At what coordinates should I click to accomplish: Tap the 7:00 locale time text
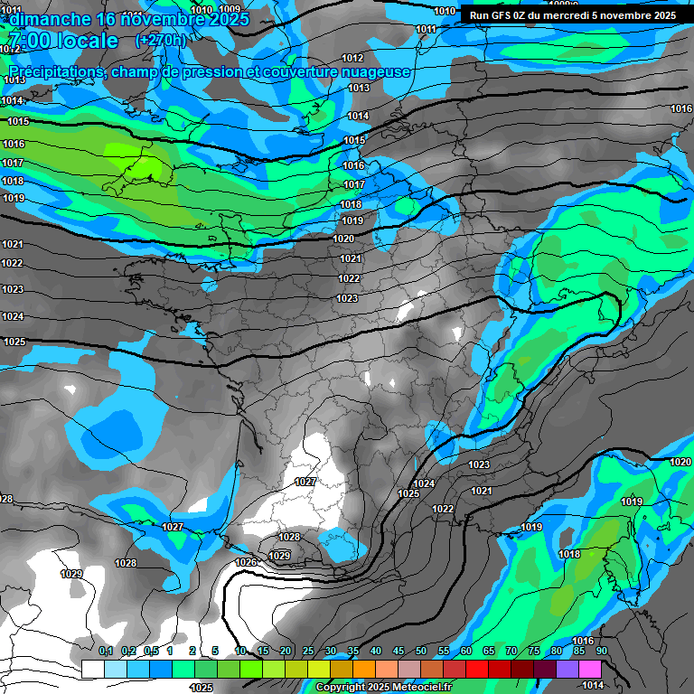click(63, 42)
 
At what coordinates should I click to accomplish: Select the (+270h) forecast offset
click(160, 41)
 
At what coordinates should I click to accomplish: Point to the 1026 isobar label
click(246, 562)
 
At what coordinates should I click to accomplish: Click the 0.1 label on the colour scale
click(106, 652)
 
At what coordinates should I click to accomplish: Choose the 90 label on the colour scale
click(601, 652)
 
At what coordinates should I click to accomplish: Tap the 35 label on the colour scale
click(353, 652)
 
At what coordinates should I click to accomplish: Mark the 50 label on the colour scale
click(421, 652)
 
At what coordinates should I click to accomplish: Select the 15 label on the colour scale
click(263, 652)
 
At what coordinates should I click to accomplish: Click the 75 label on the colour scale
click(534, 652)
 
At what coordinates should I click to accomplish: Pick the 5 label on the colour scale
click(215, 652)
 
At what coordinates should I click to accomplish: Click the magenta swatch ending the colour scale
click(590, 669)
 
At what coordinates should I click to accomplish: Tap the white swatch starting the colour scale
click(92, 669)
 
